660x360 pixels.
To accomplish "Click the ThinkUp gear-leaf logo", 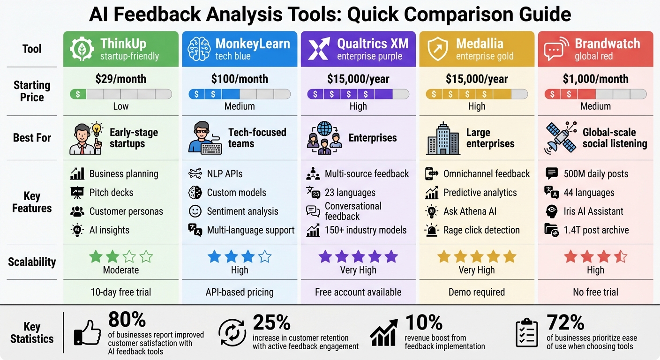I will tap(82, 49).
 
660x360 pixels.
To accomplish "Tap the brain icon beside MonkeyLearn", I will tap(198, 49).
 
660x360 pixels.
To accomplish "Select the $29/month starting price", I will tap(121, 79).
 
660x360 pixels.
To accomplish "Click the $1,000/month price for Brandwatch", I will tap(595, 79).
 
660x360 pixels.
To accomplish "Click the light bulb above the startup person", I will tap(97, 128).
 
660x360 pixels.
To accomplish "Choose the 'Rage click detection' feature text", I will tap(481, 230).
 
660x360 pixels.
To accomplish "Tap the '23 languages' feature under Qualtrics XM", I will tap(350, 193).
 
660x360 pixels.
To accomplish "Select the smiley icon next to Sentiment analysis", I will tap(195, 211).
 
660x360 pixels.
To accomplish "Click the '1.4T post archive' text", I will tap(596, 230).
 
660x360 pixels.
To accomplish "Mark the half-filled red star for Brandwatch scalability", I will tap(621, 256).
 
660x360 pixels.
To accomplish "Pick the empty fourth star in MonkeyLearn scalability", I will tap(265, 256).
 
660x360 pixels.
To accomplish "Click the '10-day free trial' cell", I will tap(121, 292).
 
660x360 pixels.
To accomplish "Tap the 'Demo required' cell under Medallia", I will tap(477, 292).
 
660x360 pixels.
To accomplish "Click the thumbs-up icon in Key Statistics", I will tap(87, 332).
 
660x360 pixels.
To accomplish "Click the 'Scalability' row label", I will tap(32, 262).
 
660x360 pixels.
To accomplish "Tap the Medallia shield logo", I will tap(437, 49).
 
